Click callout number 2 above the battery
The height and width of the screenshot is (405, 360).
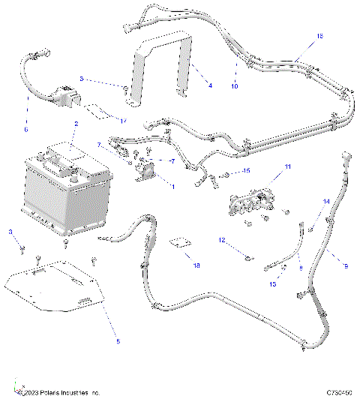point(75,123)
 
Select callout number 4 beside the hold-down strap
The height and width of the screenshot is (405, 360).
point(210,85)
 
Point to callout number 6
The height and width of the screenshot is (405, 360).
point(26,129)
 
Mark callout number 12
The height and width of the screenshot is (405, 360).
point(222,240)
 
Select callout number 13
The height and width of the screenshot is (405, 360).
point(272,284)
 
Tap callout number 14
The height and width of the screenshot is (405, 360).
point(325,202)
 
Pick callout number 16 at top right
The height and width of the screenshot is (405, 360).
point(319,36)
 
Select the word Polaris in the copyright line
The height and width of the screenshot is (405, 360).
point(46,393)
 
